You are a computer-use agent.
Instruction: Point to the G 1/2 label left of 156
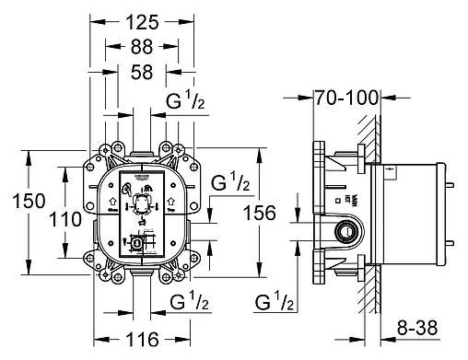coord(231,185)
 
